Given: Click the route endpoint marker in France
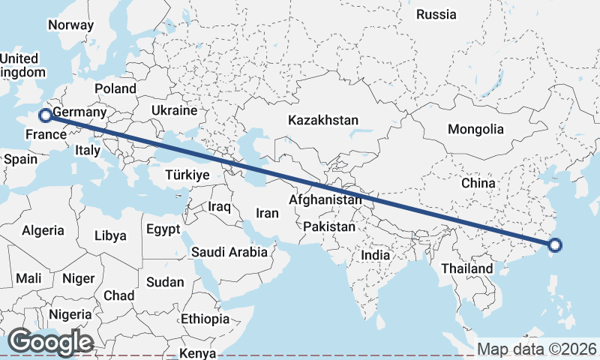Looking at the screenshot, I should [46, 115].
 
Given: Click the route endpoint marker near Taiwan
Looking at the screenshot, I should [555, 244].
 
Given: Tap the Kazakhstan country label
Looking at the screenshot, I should [323, 120].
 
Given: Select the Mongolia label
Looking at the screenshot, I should [475, 129].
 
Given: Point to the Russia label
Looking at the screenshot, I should [436, 14].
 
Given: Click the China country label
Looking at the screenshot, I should [478, 182].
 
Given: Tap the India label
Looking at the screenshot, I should [376, 255].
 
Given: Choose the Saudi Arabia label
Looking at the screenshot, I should [229, 252].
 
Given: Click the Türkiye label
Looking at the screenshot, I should [187, 175].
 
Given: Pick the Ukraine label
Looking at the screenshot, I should [173, 110].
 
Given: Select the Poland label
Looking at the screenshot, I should [115, 88].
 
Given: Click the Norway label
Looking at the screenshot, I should [70, 25].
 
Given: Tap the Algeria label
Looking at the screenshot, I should [43, 231].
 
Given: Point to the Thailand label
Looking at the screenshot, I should [467, 268].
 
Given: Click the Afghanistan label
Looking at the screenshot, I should [325, 200].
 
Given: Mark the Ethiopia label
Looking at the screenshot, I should [205, 319].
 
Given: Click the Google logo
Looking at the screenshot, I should [49, 342].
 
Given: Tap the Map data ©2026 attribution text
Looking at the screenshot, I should [537, 349].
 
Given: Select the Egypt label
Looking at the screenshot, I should [164, 229].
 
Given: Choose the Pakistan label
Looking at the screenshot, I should [329, 226].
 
